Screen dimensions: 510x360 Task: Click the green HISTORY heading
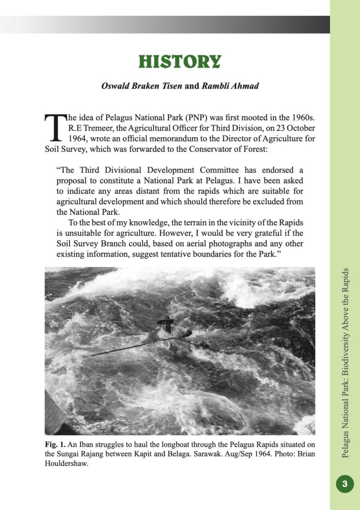pos(180,62)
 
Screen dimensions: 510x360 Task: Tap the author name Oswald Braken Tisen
pos(142,86)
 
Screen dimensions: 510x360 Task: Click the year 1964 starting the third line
pos(77,139)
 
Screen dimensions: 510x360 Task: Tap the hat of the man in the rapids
pos(165,320)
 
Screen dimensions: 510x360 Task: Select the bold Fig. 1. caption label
pos(54,444)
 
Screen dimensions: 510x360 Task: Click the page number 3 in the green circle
pos(345,484)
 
